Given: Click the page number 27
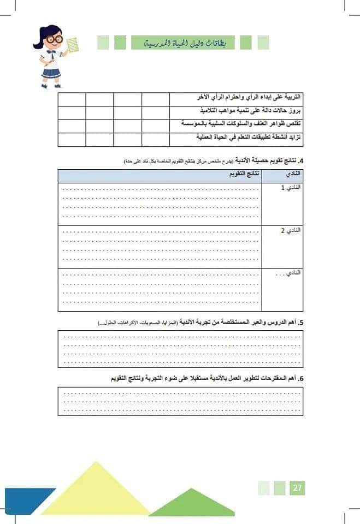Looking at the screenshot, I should coord(298,487).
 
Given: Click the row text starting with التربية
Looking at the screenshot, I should coord(243,98).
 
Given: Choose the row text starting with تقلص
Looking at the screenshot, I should coord(243,124).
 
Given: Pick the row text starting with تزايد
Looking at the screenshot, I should coord(243,138).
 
